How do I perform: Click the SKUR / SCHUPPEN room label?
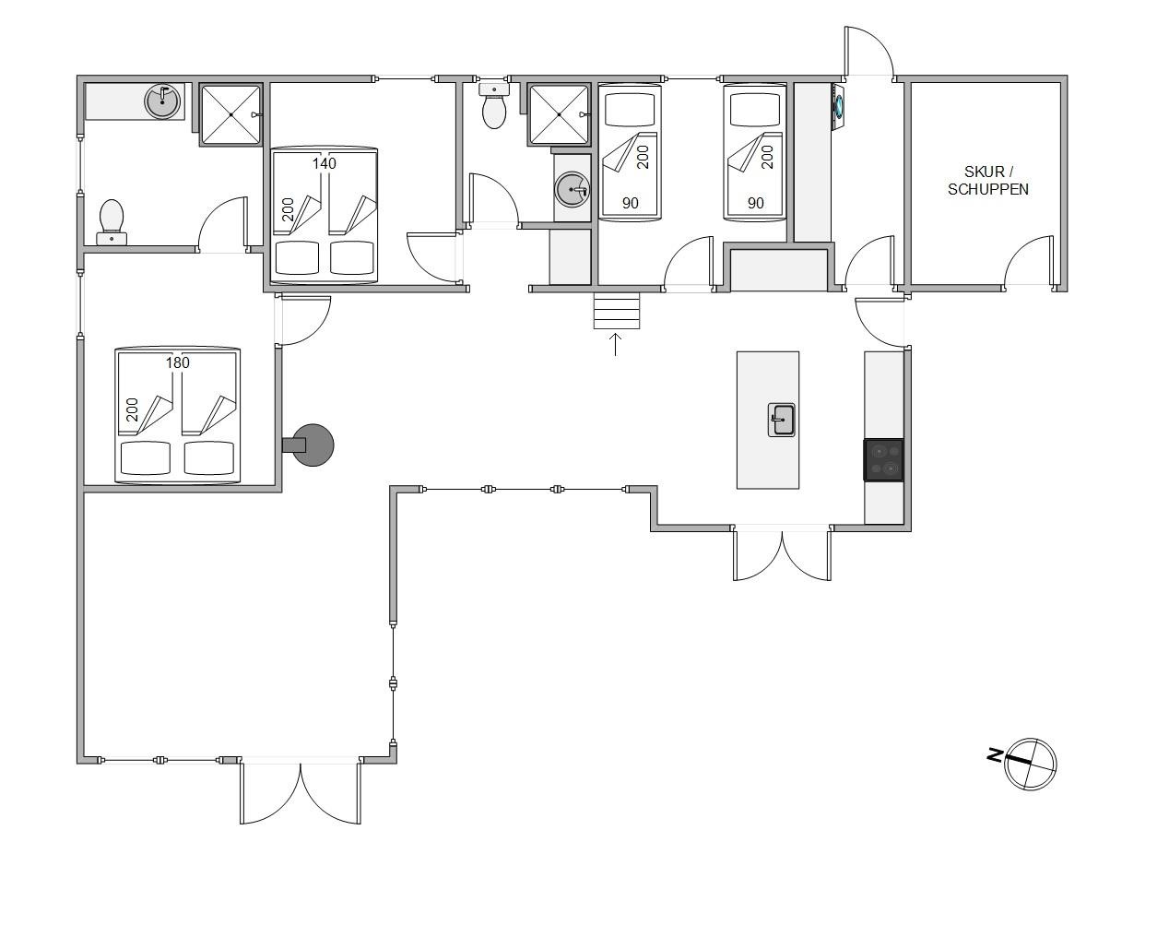pyautogui.click(x=988, y=181)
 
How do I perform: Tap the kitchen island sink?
pyautogui.click(x=781, y=420)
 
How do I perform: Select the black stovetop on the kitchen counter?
pyautogui.click(x=884, y=460)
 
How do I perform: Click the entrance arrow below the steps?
pyautogui.click(x=615, y=345)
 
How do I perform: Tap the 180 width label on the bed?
pyautogui.click(x=178, y=362)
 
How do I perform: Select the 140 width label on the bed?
pyautogui.click(x=324, y=163)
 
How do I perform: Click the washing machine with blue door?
pyautogui.click(x=839, y=106)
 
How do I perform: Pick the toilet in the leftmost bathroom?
pyautogui.click(x=112, y=221)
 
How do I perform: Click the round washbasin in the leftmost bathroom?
pyautogui.click(x=162, y=101)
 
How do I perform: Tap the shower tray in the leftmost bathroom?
pyautogui.click(x=230, y=114)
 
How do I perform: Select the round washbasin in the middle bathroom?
pyautogui.click(x=572, y=189)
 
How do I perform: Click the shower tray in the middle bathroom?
pyautogui.click(x=559, y=114)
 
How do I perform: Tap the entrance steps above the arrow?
pyautogui.click(x=617, y=311)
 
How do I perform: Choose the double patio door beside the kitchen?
pyautogui.click(x=782, y=552)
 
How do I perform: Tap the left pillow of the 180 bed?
pyautogui.click(x=146, y=457)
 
